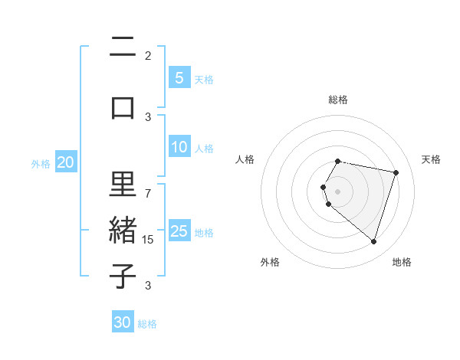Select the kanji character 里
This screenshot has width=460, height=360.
[123, 185]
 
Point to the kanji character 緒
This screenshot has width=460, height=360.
[123, 232]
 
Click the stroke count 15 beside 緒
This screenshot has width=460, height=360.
[149, 240]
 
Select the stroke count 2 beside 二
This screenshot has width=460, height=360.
[148, 55]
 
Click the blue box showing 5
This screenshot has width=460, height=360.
[179, 77]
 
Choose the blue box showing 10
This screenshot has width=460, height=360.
[179, 147]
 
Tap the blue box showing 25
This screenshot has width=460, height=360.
[179, 231]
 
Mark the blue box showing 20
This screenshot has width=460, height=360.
[65, 162]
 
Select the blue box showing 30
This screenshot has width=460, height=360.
[122, 322]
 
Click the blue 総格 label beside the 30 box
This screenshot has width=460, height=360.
[147, 324]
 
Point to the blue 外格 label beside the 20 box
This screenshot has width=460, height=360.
[41, 164]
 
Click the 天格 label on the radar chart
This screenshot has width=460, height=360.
[431, 159]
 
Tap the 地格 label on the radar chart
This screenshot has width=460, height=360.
[402, 262]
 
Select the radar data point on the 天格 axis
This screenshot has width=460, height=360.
[396, 172]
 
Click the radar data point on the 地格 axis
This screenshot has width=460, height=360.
[373, 242]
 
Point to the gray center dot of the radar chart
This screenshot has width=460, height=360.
[337, 191]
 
